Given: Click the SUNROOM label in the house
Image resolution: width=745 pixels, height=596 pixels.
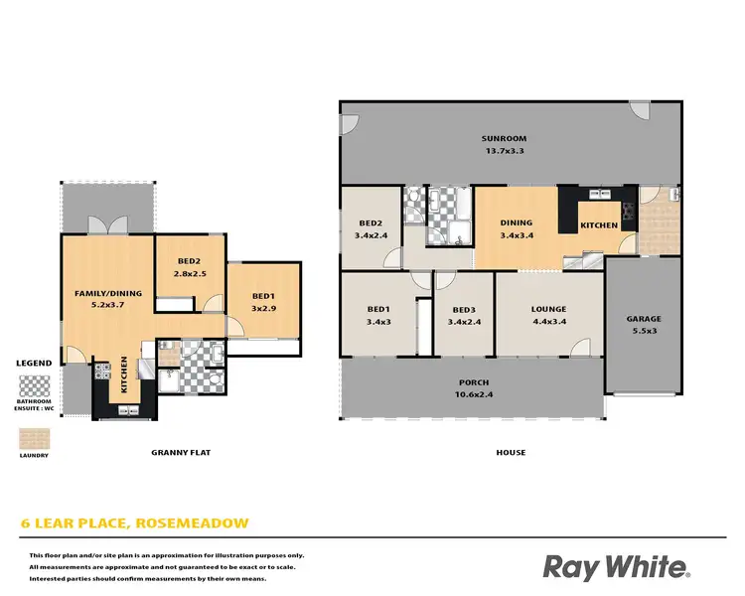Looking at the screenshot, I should tap(504, 138).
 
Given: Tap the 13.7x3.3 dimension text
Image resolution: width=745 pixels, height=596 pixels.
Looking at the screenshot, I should tap(504, 151).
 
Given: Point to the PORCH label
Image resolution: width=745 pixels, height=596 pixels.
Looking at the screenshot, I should tap(473, 382).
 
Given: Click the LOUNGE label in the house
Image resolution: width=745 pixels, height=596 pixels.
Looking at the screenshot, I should tap(548, 309).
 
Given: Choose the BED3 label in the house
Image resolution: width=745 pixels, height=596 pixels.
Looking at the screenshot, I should tap(464, 309).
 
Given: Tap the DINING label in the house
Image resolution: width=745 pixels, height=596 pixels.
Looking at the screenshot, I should tap(517, 223).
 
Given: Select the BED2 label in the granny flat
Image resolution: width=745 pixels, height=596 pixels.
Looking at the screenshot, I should tap(190, 261).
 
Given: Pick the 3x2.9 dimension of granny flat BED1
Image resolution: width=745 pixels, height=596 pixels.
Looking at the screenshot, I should tap(263, 309).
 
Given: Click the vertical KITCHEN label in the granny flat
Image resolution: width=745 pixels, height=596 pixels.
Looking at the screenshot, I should tap(124, 374).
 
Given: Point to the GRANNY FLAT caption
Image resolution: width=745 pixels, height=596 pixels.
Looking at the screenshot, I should tap(181, 453).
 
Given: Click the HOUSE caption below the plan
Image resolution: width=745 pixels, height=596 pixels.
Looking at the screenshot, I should tap(512, 453).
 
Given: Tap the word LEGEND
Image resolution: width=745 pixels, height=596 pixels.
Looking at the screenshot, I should tap(35, 364).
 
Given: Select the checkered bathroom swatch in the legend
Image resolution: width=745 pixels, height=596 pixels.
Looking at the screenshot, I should tap(36, 384).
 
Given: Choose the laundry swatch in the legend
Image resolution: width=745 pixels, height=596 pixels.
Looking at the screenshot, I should tap(34, 438).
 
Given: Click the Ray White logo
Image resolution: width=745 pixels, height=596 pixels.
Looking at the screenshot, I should tap(616, 566).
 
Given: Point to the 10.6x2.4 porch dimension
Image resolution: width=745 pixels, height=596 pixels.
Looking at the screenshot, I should tap(473, 394).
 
